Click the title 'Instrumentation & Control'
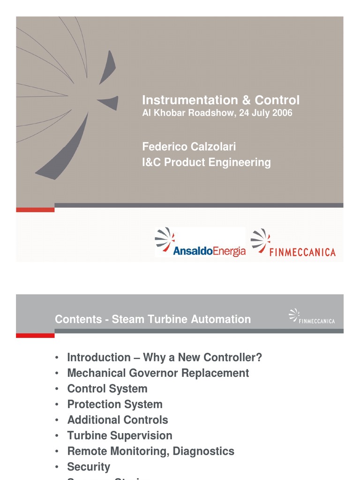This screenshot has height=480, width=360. tap(221, 100)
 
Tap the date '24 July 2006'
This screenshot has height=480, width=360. tap(266, 113)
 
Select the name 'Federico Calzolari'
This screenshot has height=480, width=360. tap(189, 147)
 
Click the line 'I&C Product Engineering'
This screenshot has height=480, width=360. tap(206, 162)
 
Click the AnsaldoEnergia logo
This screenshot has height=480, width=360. tap(200, 243)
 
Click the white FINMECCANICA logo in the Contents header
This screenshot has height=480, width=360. tap(312, 316)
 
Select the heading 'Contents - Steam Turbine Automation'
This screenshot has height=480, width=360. tap(153, 319)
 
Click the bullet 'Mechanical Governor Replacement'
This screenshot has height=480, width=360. tap(158, 373)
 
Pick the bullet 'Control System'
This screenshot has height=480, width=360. tap(107, 389)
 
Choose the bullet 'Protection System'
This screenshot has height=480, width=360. tap(115, 404)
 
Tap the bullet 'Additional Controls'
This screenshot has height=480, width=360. tap(118, 420)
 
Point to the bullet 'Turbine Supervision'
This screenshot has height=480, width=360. tap(120, 435)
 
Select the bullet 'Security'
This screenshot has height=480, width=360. tap(89, 467)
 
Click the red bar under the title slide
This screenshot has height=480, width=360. tap(35, 210)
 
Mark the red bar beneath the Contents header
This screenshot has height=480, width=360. tap(35, 335)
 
